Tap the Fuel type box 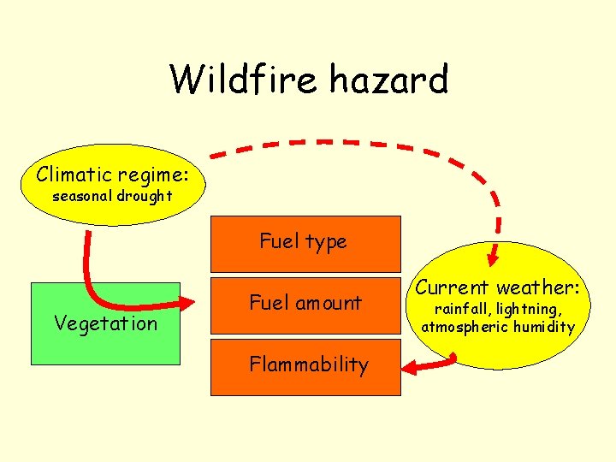305,243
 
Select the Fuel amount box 305,303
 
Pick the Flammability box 305,365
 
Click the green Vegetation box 105,323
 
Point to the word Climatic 74,175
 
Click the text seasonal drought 112,196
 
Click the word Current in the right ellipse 452,287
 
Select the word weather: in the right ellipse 539,287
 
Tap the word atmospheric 465,326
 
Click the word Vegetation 105,323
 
